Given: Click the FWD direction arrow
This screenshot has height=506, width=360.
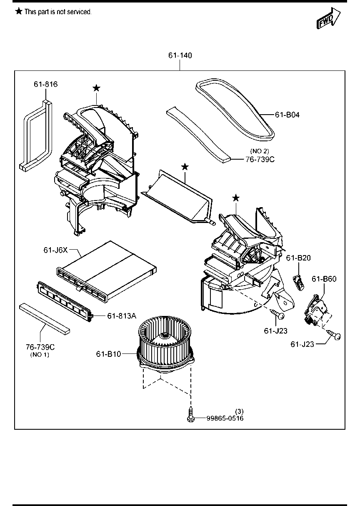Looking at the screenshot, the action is (x=329, y=18).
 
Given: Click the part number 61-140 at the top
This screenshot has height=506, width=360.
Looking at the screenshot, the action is (x=180, y=55).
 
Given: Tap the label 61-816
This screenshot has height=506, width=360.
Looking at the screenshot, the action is (x=45, y=84).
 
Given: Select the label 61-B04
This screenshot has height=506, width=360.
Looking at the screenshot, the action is (x=287, y=115).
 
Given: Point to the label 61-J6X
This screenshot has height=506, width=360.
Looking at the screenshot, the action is (x=55, y=250).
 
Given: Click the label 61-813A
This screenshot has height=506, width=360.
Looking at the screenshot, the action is (x=122, y=316).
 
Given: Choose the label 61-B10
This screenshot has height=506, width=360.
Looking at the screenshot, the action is (x=109, y=354).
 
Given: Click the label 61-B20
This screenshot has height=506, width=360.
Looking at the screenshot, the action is (x=298, y=258).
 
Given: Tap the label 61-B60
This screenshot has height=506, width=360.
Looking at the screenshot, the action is (x=324, y=279).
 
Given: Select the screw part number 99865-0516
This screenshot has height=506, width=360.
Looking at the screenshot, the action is (x=225, y=418).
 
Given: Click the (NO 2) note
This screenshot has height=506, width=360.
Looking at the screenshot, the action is (x=260, y=151).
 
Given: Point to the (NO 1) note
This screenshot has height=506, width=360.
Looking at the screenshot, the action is (x=40, y=355).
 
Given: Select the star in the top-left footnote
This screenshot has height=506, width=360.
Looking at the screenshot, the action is (x=19, y=11).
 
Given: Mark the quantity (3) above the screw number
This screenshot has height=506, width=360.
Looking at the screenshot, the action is (x=239, y=411).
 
